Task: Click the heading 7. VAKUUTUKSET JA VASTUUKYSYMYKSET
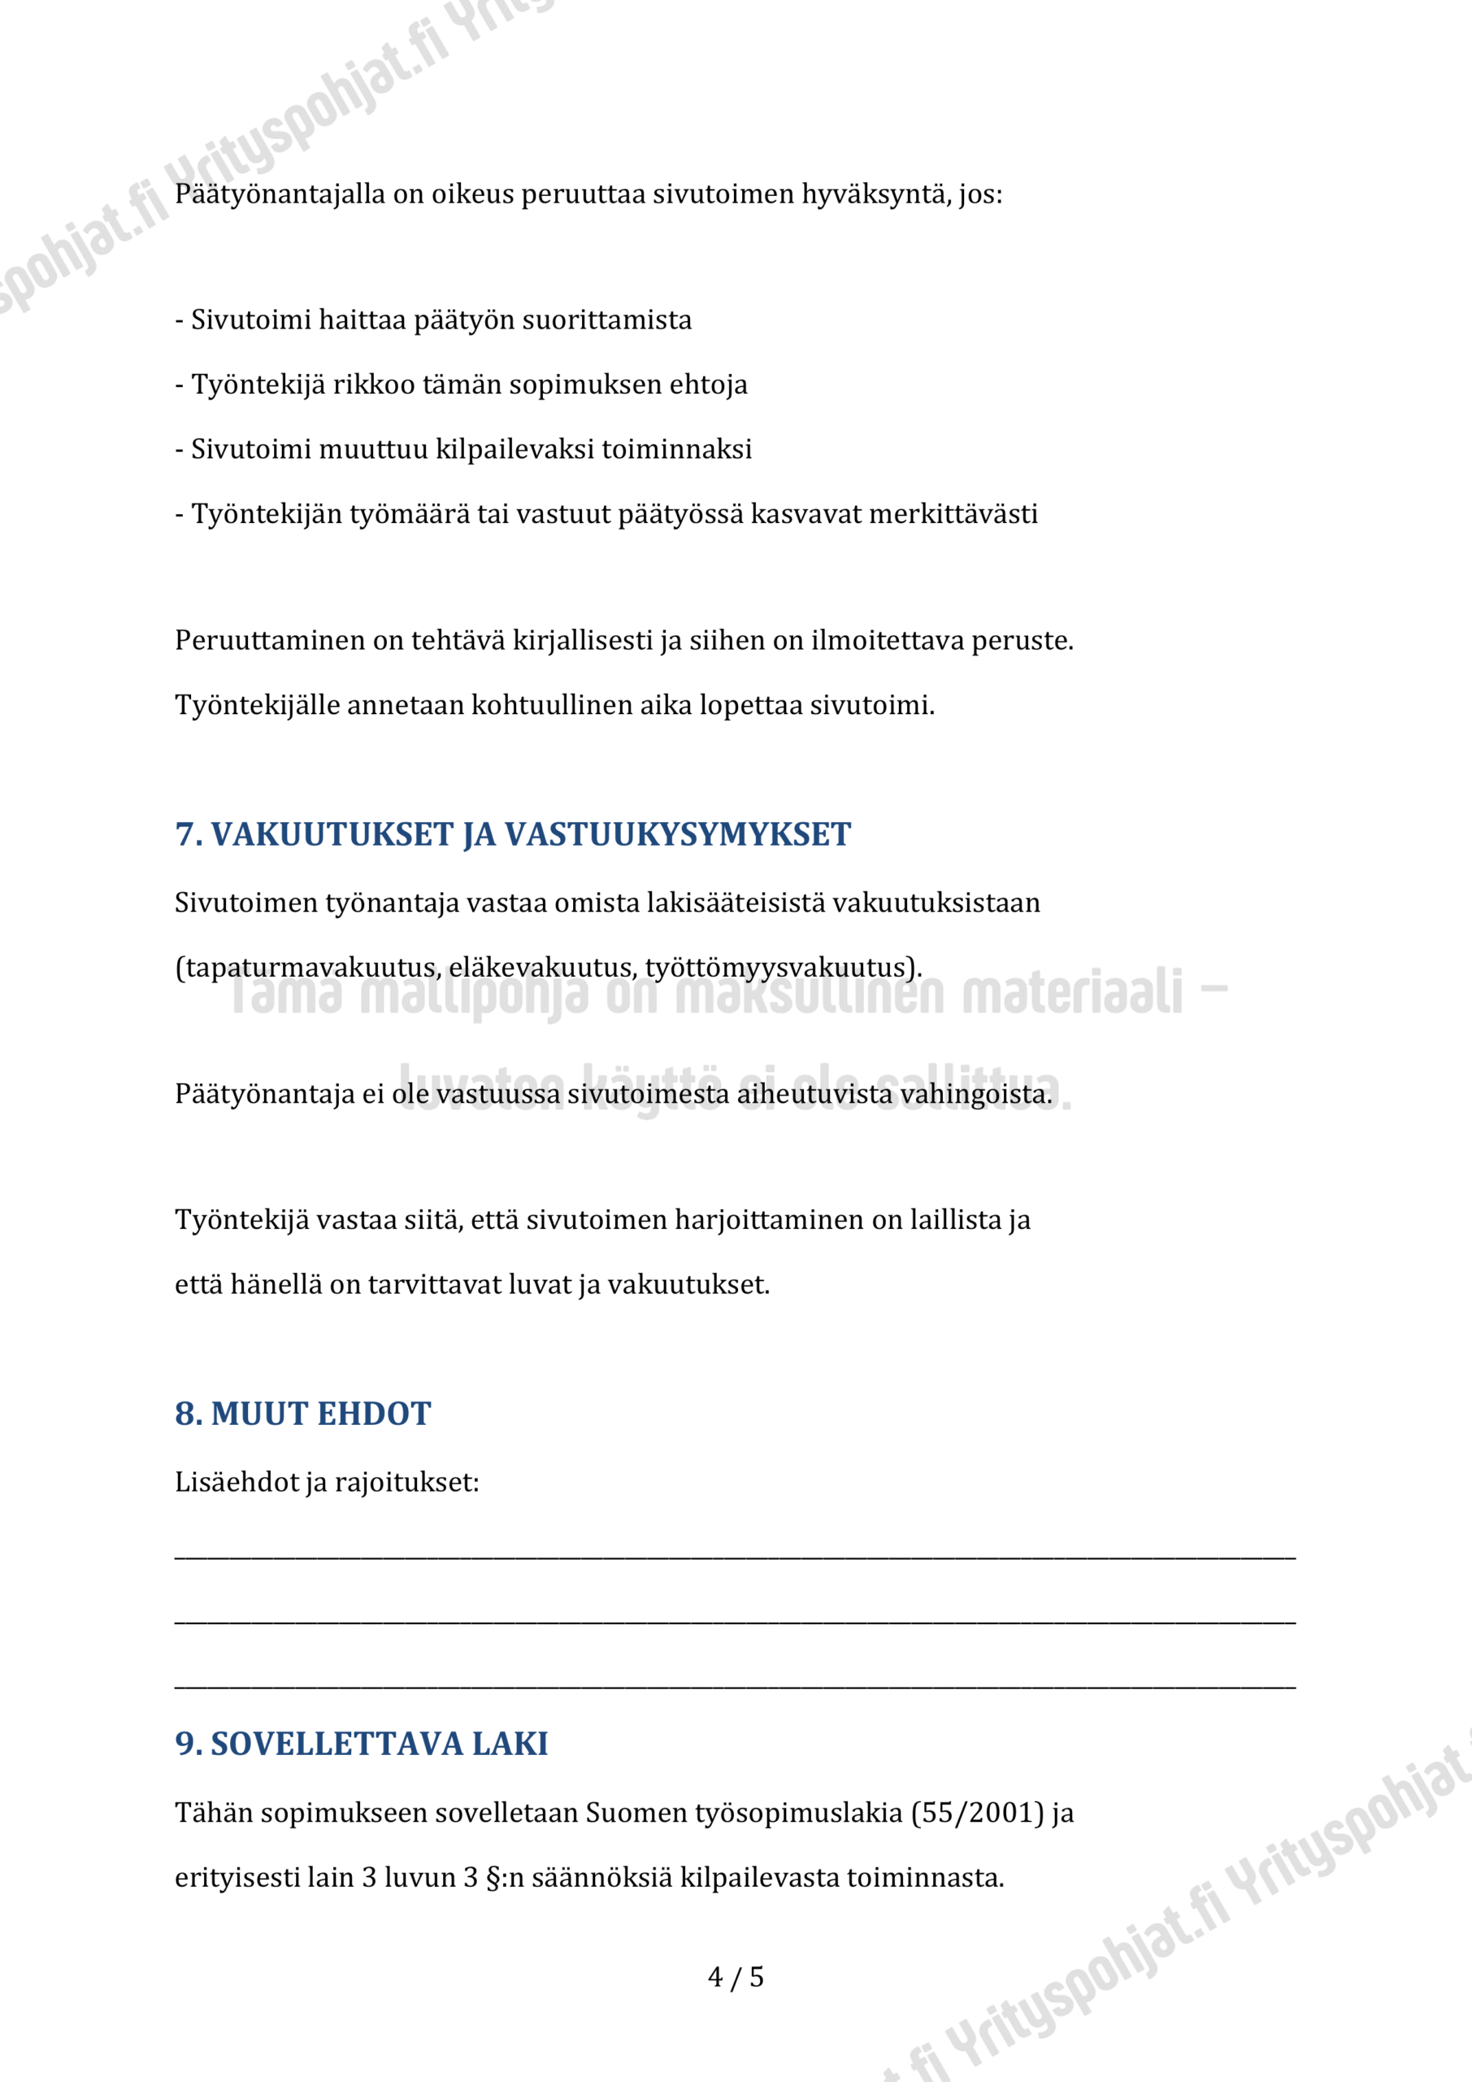512,834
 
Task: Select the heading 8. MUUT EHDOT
302,1413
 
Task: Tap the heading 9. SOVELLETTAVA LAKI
361,1743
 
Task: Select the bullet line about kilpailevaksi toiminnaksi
463,449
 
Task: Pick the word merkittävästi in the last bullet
953,514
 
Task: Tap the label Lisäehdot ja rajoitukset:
326,1483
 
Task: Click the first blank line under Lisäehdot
734,1556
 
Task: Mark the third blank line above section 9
734,1686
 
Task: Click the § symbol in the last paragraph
493,1877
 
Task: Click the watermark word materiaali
1071,992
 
